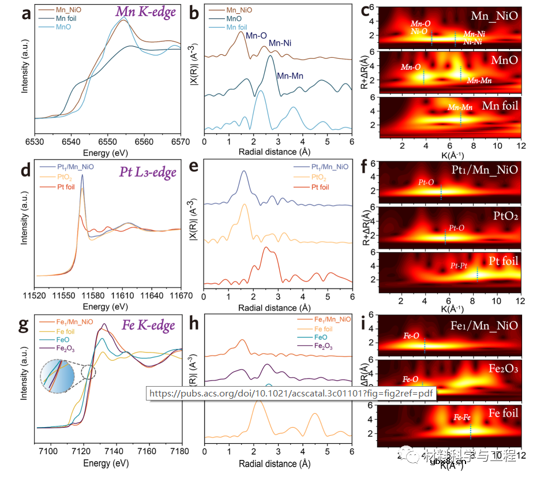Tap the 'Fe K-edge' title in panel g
[x=148, y=325]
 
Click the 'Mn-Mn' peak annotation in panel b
[x=290, y=76]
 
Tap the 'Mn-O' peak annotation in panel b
[x=256, y=36]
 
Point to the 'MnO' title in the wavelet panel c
[x=504, y=61]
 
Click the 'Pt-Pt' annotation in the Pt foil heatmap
[x=460, y=267]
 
